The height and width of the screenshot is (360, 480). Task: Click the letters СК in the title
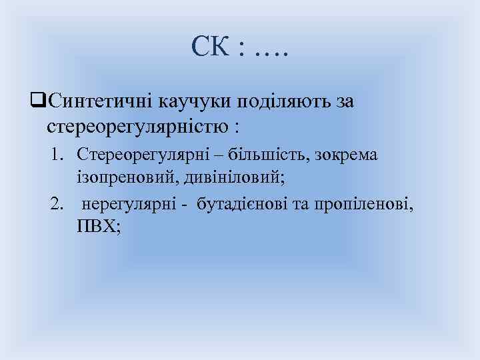[x=211, y=45]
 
